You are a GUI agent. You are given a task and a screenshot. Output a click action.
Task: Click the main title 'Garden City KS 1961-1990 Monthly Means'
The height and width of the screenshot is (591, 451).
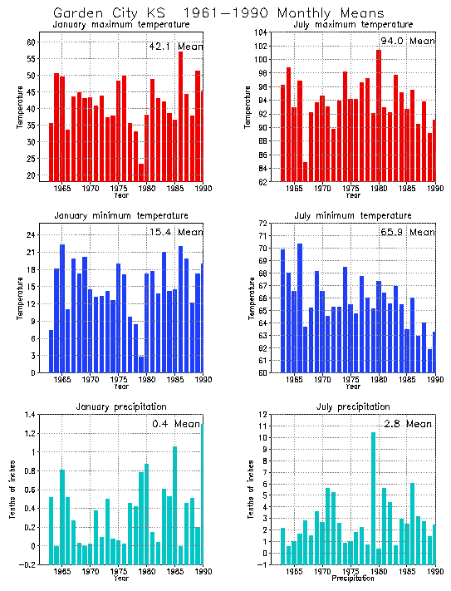[218, 13]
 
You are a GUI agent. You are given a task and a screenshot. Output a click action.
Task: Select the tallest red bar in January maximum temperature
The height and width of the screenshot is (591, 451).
[180, 116]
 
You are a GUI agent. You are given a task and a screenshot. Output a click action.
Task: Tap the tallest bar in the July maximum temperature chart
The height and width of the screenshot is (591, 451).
[379, 116]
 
